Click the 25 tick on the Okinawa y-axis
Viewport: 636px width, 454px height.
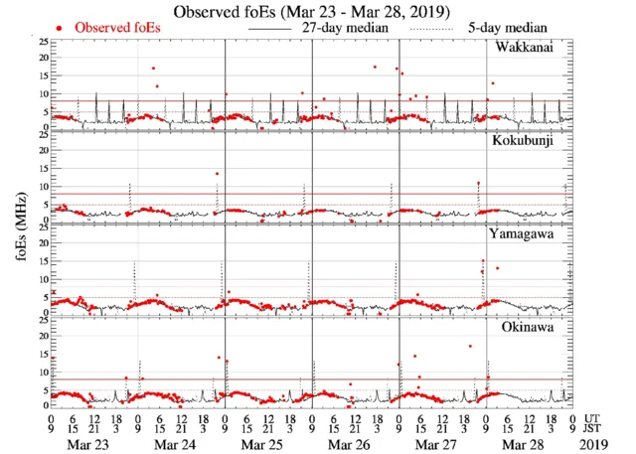(41, 319)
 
